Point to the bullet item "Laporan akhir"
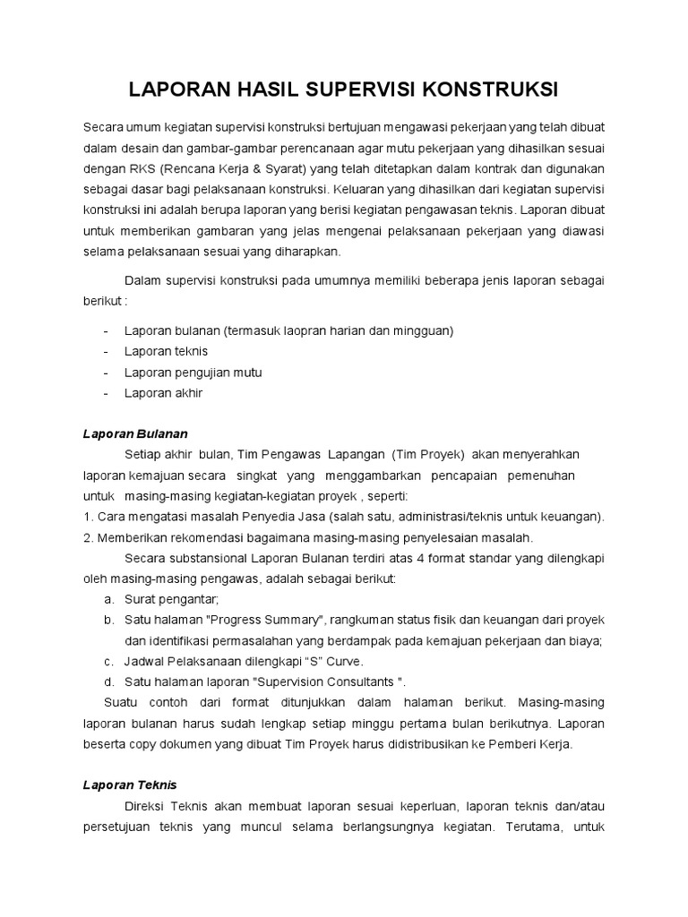[164, 393]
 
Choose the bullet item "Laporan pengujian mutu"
[193, 373]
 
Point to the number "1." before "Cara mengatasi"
[88, 517]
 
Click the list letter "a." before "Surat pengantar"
[108, 599]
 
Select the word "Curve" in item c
[344, 661]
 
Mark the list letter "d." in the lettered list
[108, 681]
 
